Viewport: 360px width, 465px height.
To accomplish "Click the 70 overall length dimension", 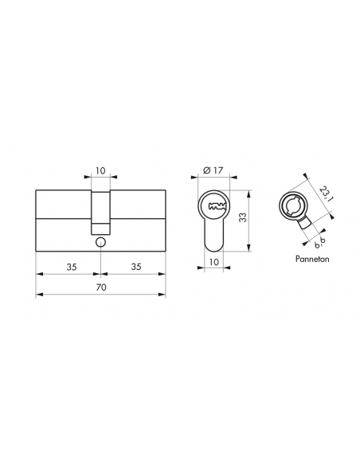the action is pos(101,287).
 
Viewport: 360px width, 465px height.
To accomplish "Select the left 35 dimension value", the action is pos(72,267).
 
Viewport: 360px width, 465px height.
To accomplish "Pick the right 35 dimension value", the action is pos(136,267).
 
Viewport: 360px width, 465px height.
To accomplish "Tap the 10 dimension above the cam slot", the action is pos(100,171).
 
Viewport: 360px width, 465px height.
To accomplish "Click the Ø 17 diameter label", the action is pos(213,170).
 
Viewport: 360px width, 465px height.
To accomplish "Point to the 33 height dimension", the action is pos(243,217).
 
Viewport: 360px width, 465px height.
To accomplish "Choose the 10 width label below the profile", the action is pos(213,262).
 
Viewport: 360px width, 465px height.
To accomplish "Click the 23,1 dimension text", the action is pos(324,193).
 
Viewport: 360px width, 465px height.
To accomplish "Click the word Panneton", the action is pos(312,259).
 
